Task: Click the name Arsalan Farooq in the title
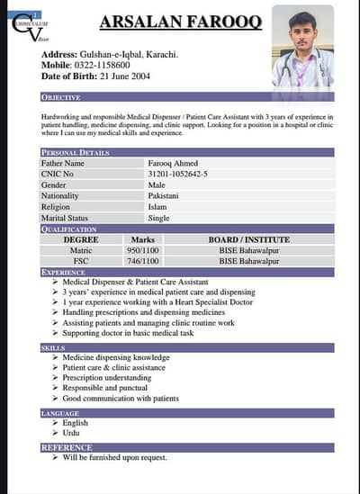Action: click(181, 22)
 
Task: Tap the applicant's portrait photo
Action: click(302, 45)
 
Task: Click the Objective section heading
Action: click(61, 96)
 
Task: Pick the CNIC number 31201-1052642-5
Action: click(176, 174)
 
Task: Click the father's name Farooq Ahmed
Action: click(173, 163)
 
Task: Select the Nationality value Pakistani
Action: click(165, 195)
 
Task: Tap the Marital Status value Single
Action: click(158, 218)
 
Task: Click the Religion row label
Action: click(55, 206)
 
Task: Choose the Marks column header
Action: click(142, 239)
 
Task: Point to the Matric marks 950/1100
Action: click(142, 250)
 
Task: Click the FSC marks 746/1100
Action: click(142, 261)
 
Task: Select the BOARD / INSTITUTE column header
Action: click(249, 239)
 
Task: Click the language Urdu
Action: click(72, 433)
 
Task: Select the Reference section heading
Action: click(67, 447)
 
